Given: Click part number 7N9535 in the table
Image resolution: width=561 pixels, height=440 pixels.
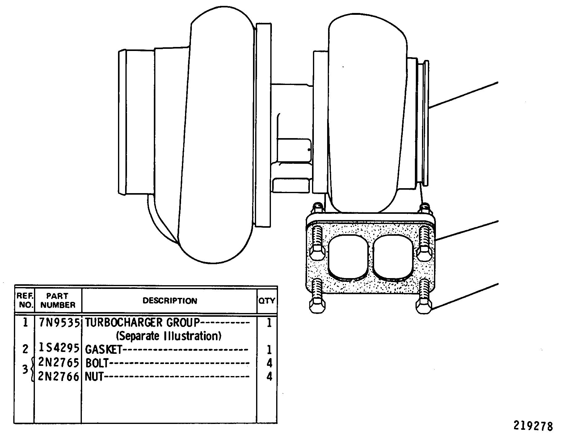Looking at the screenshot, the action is tap(59, 323).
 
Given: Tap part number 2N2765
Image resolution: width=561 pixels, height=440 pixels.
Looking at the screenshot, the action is tap(59, 362).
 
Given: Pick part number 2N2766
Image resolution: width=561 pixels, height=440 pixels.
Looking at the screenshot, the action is tap(59, 376).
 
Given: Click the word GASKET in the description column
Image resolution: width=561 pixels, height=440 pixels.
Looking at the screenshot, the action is tap(104, 349).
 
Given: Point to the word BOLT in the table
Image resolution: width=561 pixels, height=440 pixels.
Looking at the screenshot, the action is tap(97, 363).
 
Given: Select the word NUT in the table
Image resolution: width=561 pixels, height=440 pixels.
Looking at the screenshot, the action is tap(94, 376).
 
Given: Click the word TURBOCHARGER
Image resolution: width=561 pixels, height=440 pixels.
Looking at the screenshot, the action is tap(124, 323).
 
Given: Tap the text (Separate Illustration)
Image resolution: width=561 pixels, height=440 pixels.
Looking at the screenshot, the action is tap(168, 336).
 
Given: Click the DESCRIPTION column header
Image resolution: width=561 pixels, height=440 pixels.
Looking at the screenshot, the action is tap(170, 301).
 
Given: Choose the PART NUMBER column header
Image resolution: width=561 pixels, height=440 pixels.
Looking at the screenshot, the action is tap(58, 300).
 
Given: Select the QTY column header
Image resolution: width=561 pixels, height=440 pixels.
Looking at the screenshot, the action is tap(267, 301).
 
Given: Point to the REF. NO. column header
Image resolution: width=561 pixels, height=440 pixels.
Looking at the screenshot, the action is tap(25, 300).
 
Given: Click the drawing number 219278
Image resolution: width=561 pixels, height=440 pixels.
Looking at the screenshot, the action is tap(533, 426).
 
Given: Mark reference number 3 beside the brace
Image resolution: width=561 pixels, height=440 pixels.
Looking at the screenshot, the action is tap(25, 369).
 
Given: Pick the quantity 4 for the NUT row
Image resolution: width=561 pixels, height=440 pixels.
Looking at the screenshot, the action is tap(269, 376).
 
